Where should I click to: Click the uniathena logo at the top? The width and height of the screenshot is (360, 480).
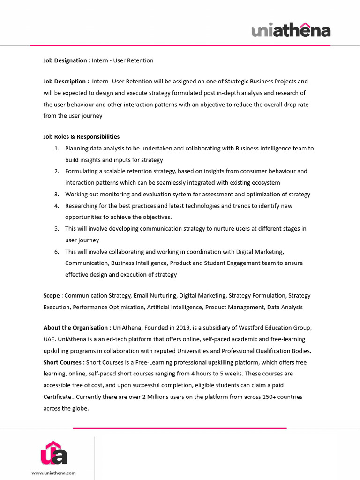291,30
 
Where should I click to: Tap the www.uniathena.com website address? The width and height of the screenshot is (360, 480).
53,473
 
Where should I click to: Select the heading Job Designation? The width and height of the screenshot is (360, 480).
65,60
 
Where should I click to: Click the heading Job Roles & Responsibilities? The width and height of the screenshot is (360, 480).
82,137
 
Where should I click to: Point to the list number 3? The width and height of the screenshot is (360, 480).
56,195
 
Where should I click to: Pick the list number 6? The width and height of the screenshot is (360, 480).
56,252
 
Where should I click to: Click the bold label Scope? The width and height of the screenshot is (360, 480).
52,296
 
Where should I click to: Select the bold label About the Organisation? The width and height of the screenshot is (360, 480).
77,327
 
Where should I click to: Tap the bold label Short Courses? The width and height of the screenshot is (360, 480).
64,362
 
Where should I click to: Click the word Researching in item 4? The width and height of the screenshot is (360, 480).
82,206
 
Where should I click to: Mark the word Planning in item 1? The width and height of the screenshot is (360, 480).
76,149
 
